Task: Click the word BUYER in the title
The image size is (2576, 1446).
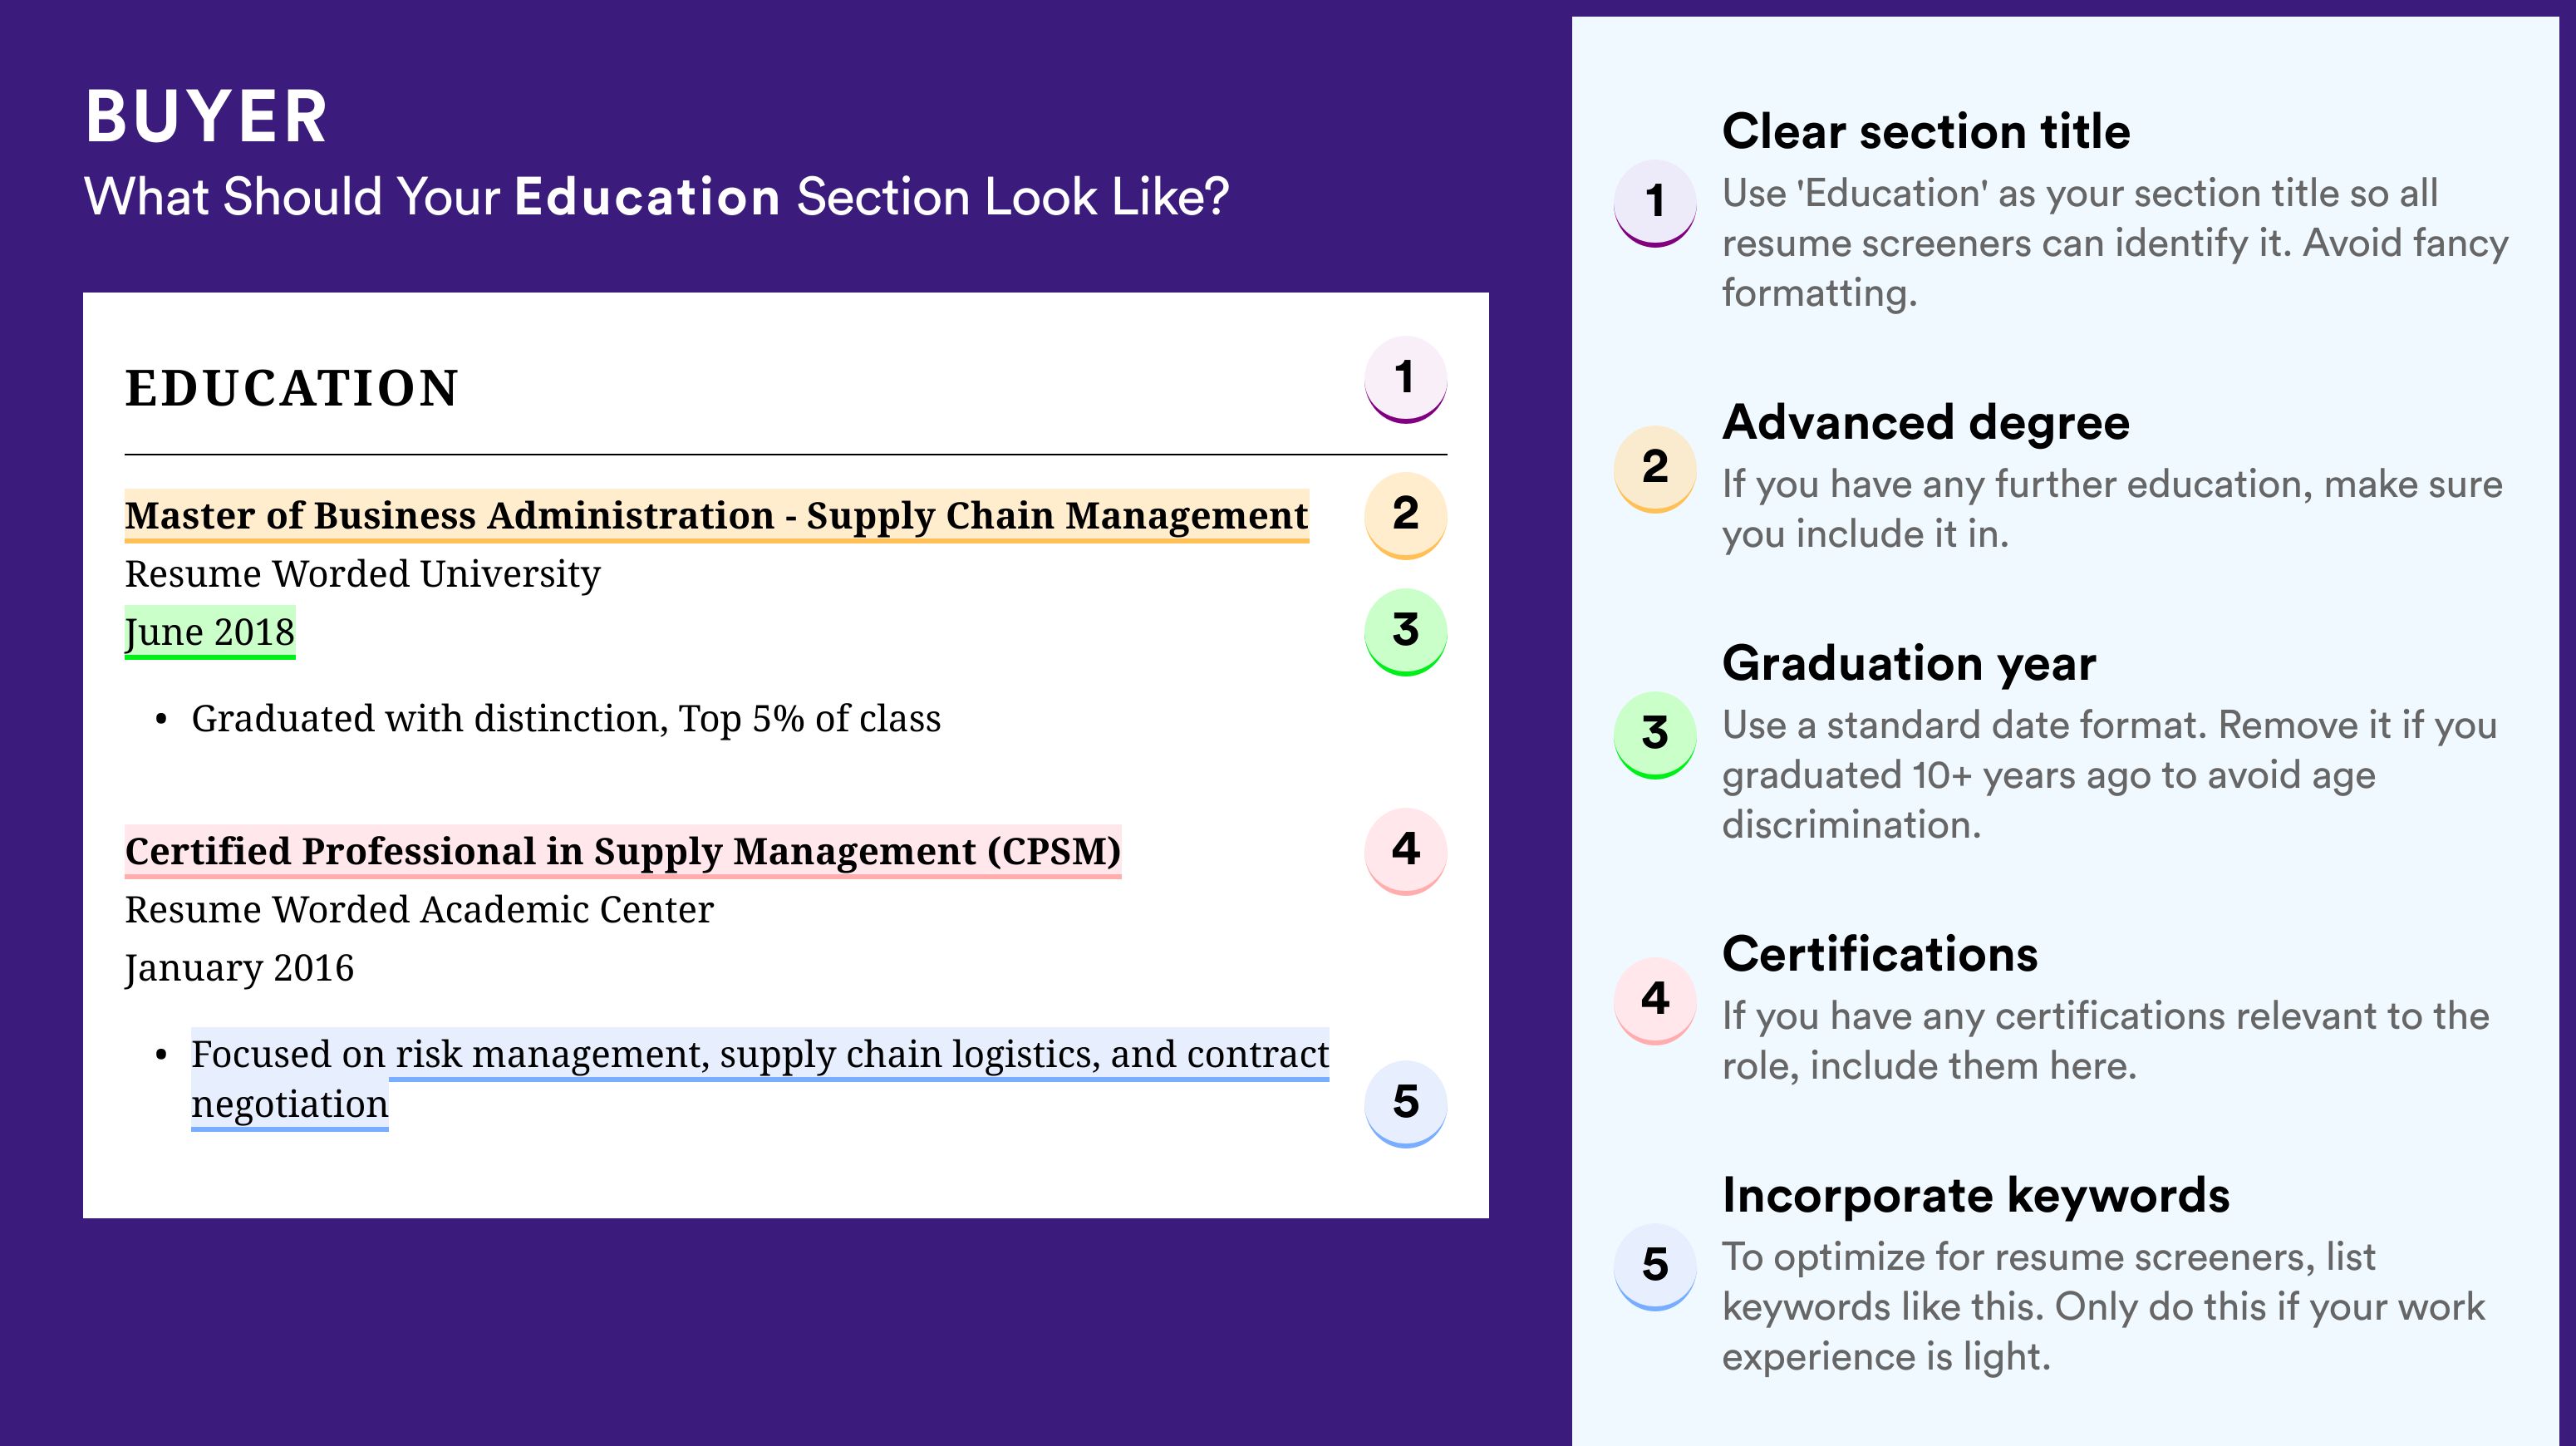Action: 206,117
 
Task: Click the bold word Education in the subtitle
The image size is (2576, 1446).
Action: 647,196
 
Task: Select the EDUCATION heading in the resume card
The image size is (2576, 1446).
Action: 292,388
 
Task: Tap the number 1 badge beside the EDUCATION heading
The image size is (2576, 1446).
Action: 1405,379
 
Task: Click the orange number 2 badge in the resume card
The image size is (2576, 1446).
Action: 1405,515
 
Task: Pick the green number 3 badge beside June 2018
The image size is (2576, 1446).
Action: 1405,632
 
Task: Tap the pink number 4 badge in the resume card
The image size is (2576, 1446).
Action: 1405,851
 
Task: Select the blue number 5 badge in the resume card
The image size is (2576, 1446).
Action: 1405,1104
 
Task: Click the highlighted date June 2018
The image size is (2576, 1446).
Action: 210,632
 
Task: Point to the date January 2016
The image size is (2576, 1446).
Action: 239,968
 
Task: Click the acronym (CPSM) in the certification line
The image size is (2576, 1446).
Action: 1054,851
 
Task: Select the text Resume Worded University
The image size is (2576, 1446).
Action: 362,574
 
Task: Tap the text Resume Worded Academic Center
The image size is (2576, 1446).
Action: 419,910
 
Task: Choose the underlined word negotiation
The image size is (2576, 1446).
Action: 290,1104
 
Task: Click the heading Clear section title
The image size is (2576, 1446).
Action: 1926,131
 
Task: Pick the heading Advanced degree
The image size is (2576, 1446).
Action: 1926,422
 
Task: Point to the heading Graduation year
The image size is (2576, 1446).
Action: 1909,663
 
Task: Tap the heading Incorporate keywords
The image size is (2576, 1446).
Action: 1976,1195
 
